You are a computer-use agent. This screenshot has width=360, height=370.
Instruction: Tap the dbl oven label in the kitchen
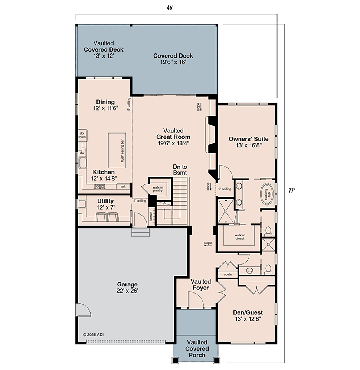(82, 135)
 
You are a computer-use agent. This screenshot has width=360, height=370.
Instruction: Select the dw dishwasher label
(82, 153)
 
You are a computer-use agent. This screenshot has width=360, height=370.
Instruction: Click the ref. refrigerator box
(123, 186)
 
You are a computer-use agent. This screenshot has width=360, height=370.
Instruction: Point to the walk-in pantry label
(158, 189)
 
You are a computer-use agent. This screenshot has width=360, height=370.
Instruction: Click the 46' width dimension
(170, 8)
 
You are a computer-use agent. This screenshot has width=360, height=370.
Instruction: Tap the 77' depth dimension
(292, 190)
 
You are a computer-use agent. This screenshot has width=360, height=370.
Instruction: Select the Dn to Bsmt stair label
(180, 170)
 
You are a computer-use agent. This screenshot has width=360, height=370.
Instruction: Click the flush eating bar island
(117, 151)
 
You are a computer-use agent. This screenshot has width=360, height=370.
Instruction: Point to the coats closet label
(228, 274)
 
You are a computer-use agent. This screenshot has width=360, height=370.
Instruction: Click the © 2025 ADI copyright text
(93, 334)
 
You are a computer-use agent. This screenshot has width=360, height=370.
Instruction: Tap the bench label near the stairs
(151, 216)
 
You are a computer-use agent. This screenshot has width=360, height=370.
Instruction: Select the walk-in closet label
(240, 237)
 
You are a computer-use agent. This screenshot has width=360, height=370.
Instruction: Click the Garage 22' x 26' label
(127, 287)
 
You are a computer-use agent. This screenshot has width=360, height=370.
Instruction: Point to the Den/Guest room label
(248, 315)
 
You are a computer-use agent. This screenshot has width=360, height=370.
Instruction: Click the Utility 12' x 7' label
(105, 204)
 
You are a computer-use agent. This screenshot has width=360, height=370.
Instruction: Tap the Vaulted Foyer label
(200, 285)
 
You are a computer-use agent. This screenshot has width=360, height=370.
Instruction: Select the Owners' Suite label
(248, 142)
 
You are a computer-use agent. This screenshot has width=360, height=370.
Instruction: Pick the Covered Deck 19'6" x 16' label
(173, 59)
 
